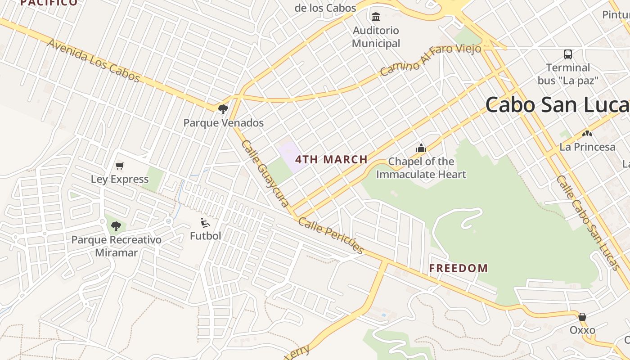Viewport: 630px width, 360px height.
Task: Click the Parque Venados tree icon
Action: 223,109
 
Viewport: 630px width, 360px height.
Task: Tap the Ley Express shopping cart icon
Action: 120,166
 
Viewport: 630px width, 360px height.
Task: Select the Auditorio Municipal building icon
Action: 375,17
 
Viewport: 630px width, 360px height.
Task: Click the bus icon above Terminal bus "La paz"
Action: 568,54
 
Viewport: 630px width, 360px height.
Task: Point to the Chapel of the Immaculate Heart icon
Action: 421,148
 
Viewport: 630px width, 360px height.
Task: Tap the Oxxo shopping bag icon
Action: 582,317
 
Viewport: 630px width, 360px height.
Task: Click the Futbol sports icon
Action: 205,222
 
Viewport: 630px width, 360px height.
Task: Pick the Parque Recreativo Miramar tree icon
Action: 116,226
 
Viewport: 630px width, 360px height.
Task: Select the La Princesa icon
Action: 587,134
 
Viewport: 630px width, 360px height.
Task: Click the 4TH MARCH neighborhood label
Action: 331,159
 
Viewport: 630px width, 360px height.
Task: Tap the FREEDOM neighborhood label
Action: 458,268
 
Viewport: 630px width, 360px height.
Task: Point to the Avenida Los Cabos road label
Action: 94,61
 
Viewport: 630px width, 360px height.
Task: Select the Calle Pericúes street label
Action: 331,236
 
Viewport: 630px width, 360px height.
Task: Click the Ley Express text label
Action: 120,179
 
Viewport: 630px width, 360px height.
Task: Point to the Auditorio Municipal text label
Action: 376,37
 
